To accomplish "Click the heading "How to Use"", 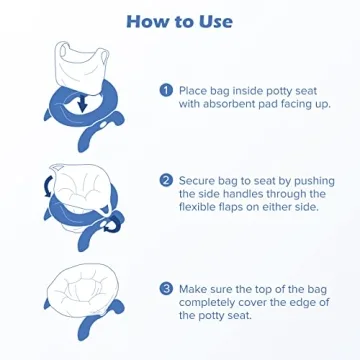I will pyautogui.click(x=179, y=21).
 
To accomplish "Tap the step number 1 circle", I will pyautogui.click(x=165, y=89).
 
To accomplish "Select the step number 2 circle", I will pyautogui.click(x=165, y=181).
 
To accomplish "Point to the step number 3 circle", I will pyautogui.click(x=165, y=288).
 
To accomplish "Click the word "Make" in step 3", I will pyautogui.click(x=198, y=288).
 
